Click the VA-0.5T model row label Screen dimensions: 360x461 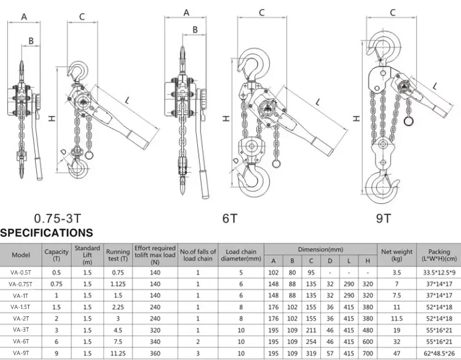[x=21, y=272]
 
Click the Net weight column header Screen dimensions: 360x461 [x=396, y=254]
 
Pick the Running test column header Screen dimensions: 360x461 [x=117, y=254]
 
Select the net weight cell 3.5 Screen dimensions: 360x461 [x=396, y=272]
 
